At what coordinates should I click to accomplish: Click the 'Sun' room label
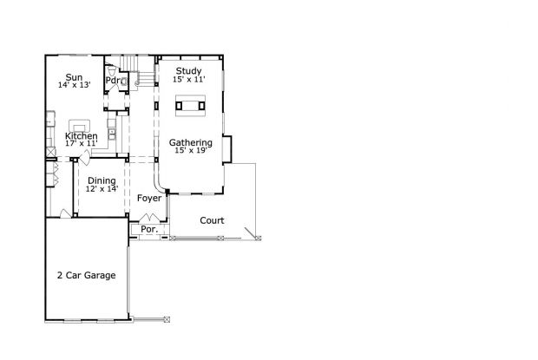75,76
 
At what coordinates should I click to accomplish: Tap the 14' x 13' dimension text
75,85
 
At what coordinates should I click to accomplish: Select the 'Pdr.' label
113,81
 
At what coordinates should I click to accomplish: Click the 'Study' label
188,70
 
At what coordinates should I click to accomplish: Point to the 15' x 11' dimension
188,79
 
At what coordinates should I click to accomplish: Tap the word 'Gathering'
190,142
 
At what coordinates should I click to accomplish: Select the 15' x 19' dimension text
190,151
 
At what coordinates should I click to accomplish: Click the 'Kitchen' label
81,136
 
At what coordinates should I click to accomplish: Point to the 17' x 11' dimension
81,144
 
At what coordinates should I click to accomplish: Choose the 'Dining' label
102,180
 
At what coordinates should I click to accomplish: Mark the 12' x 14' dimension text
102,189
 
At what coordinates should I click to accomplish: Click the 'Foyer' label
149,199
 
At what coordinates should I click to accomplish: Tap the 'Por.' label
148,230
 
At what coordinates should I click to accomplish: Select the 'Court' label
212,220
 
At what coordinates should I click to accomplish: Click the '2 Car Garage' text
86,275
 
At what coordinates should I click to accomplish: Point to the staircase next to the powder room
139,74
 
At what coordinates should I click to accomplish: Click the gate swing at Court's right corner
252,232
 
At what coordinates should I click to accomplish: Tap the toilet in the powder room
123,82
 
